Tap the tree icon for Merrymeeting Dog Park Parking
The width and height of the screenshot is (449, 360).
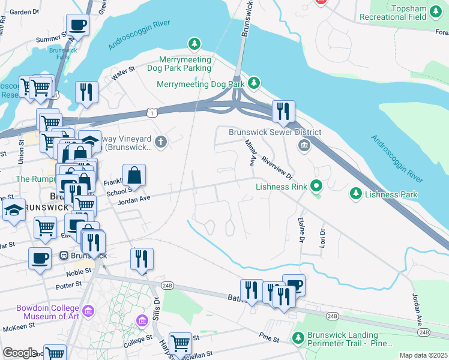(194, 44)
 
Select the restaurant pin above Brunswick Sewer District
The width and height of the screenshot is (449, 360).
(283, 111)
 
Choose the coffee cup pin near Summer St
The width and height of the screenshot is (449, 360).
(77, 25)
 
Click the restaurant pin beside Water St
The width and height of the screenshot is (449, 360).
(86, 92)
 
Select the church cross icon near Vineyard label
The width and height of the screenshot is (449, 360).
(160, 142)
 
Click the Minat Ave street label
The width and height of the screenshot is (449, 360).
(251, 152)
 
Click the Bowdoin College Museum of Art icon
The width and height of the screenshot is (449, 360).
(88, 311)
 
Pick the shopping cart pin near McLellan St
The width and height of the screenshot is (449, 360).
(180, 343)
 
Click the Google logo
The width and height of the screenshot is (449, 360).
(20, 353)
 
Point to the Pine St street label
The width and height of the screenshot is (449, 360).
(270, 340)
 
